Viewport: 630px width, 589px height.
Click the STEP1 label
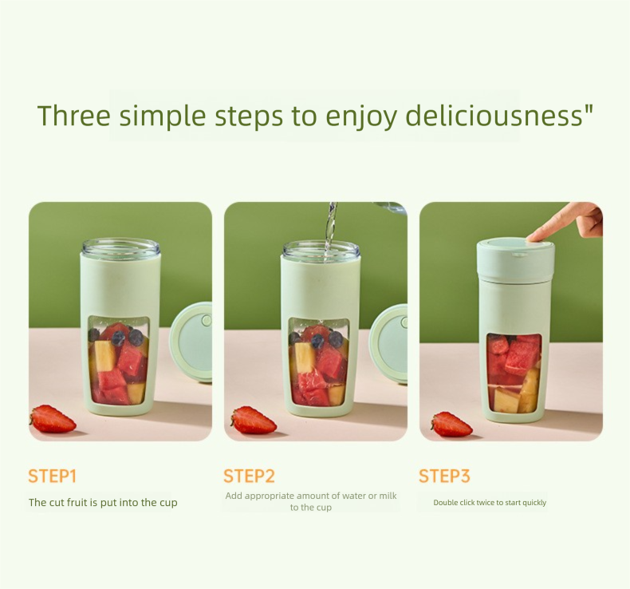pyautogui.click(x=52, y=476)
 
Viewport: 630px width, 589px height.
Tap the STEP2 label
pyautogui.click(x=249, y=476)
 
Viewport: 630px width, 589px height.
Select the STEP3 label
pyautogui.click(x=444, y=476)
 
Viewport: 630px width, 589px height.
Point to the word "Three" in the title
pyautogui.click(x=74, y=116)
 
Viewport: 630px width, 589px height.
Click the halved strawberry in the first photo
pyautogui.click(x=53, y=418)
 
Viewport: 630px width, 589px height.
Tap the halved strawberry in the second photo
pyautogui.click(x=254, y=420)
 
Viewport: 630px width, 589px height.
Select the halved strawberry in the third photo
pyautogui.click(x=451, y=424)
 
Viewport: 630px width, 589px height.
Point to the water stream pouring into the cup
pyautogui.click(x=330, y=227)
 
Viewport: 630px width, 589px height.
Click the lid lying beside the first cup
pyautogui.click(x=191, y=342)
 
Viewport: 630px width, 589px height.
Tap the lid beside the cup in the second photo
pyautogui.click(x=388, y=342)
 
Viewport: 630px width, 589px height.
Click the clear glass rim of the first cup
pyautogui.click(x=121, y=247)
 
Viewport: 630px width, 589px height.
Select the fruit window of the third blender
pyautogui.click(x=514, y=373)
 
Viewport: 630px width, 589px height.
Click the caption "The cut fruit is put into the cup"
pyautogui.click(x=103, y=502)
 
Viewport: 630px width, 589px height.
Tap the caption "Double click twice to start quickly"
pyautogui.click(x=490, y=502)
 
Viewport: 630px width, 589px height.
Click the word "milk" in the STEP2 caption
pyautogui.click(x=388, y=496)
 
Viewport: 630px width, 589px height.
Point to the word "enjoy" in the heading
pyautogui.click(x=361, y=117)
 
